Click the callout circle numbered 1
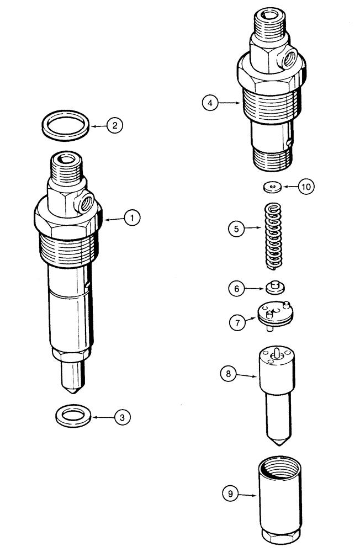(x=131, y=219)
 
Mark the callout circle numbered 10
(x=306, y=187)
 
